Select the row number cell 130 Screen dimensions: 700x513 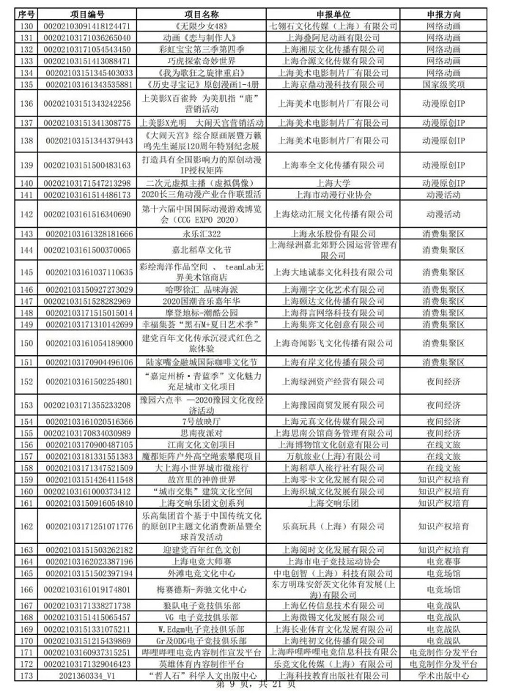coord(27,26)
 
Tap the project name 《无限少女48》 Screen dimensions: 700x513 coord(201,26)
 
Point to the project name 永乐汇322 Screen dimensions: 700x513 coord(201,234)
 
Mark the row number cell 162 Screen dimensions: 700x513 coord(27,526)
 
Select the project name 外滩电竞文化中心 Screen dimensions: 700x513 coord(201,572)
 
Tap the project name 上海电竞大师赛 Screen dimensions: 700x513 coord(201,560)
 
